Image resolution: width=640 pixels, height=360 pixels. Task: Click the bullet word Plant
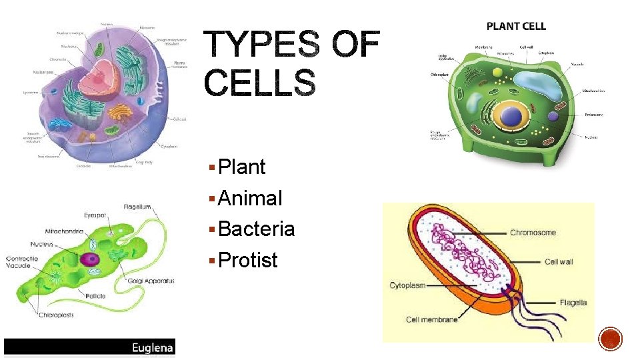[x=241, y=167]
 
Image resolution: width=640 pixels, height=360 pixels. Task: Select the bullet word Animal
[x=250, y=198]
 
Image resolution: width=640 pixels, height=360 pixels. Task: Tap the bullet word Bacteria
[x=256, y=229]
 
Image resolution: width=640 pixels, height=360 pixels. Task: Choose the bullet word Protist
[x=247, y=260]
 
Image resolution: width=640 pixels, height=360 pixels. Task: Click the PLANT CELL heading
[x=516, y=27]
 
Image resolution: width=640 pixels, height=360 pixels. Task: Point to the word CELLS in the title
[x=259, y=83]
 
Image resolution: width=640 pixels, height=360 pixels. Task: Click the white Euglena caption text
[x=153, y=347]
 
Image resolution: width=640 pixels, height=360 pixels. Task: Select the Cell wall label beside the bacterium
[x=559, y=262]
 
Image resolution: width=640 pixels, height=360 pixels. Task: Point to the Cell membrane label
[x=431, y=320]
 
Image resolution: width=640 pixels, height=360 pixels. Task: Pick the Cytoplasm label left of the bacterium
[x=407, y=286]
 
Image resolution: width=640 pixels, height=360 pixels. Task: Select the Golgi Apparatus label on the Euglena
[x=151, y=281]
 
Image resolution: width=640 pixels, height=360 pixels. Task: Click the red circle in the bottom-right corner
[x=610, y=339]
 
